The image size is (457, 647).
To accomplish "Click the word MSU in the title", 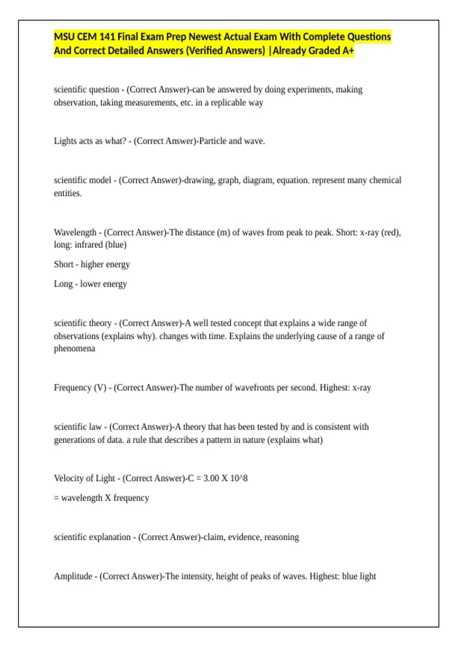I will coord(64,37).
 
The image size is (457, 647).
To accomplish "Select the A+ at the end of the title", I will coord(348,51).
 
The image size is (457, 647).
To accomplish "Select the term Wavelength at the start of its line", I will coord(75,232).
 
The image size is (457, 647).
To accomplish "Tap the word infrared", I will coord(88,245).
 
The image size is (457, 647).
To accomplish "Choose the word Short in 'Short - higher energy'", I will coord(64,264).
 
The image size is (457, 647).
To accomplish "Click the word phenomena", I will coord(75,349).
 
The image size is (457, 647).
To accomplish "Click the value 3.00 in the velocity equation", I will coord(211,478).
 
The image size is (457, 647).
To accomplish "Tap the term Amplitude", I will coord(73,576).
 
